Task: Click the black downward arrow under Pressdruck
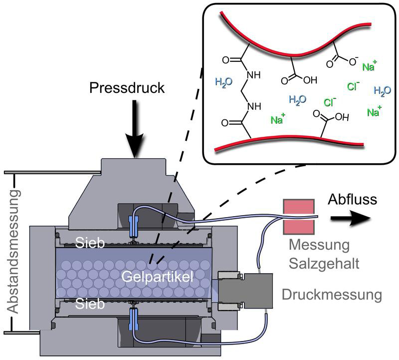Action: [135, 130]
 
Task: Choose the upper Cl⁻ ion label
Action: [354, 86]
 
